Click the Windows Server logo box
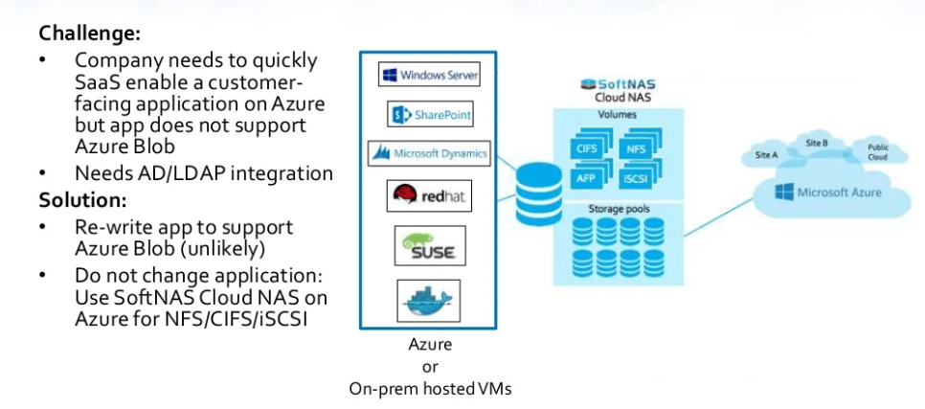point(429,75)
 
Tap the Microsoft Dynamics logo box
point(429,153)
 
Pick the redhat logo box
point(429,196)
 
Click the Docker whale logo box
point(429,300)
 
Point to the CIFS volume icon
point(586,149)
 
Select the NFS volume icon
point(635,149)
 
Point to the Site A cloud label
point(766,154)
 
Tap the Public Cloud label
point(877,152)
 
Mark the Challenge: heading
point(90,33)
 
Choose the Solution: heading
point(83,201)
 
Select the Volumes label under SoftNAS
point(617,115)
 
